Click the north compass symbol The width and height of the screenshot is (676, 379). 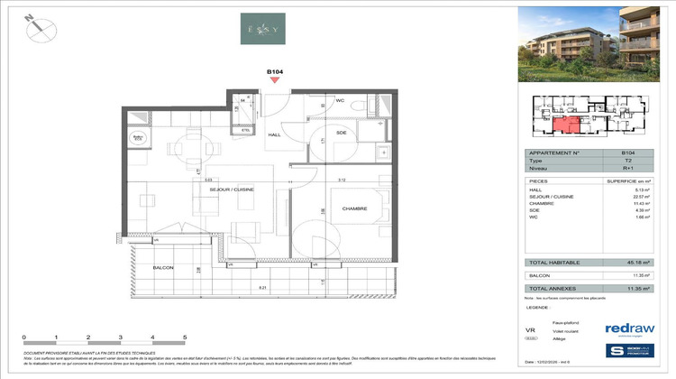click(37, 27)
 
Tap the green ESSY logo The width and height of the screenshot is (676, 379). click(263, 28)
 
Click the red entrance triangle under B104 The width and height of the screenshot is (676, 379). click(276, 81)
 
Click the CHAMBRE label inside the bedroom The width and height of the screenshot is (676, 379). click(329, 208)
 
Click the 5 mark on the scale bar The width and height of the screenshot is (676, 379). click(185, 337)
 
